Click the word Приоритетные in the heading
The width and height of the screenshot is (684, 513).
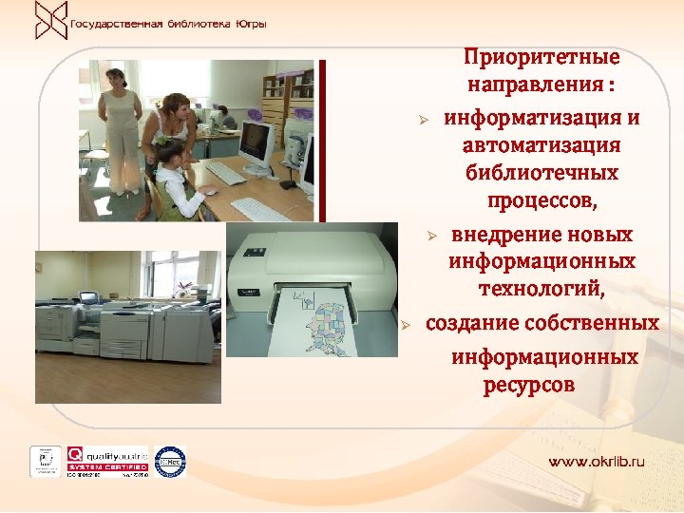[541, 57]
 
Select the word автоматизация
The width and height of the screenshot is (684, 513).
[541, 146]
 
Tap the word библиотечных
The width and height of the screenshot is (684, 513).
[541, 174]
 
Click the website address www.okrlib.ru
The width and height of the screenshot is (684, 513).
[596, 461]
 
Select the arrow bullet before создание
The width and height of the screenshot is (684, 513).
[404, 325]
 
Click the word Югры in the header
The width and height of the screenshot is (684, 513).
[250, 22]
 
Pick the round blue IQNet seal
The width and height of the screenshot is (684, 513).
[170, 461]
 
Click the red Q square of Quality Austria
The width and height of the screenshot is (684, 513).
[74, 454]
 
